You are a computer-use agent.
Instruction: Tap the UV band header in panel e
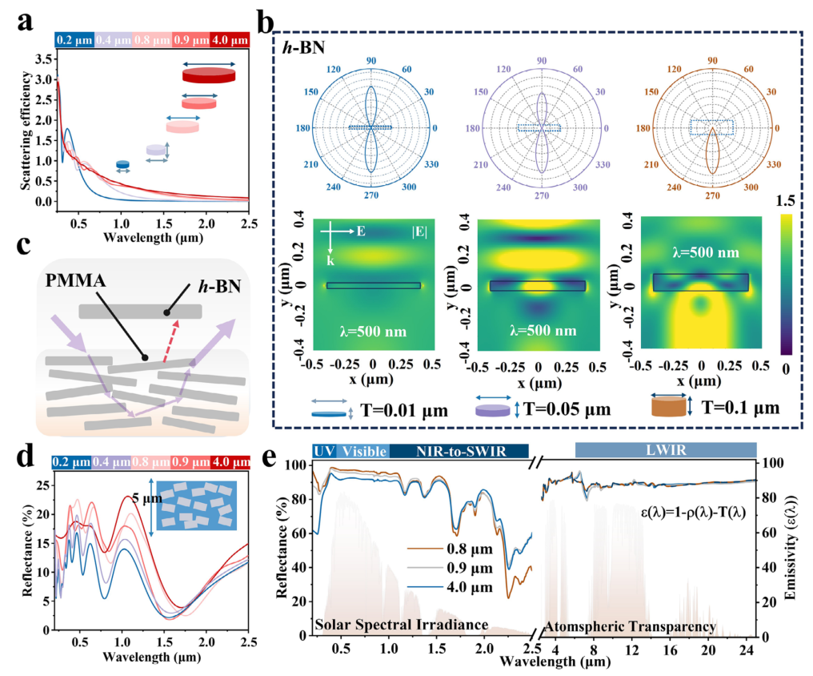coord(323,451)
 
